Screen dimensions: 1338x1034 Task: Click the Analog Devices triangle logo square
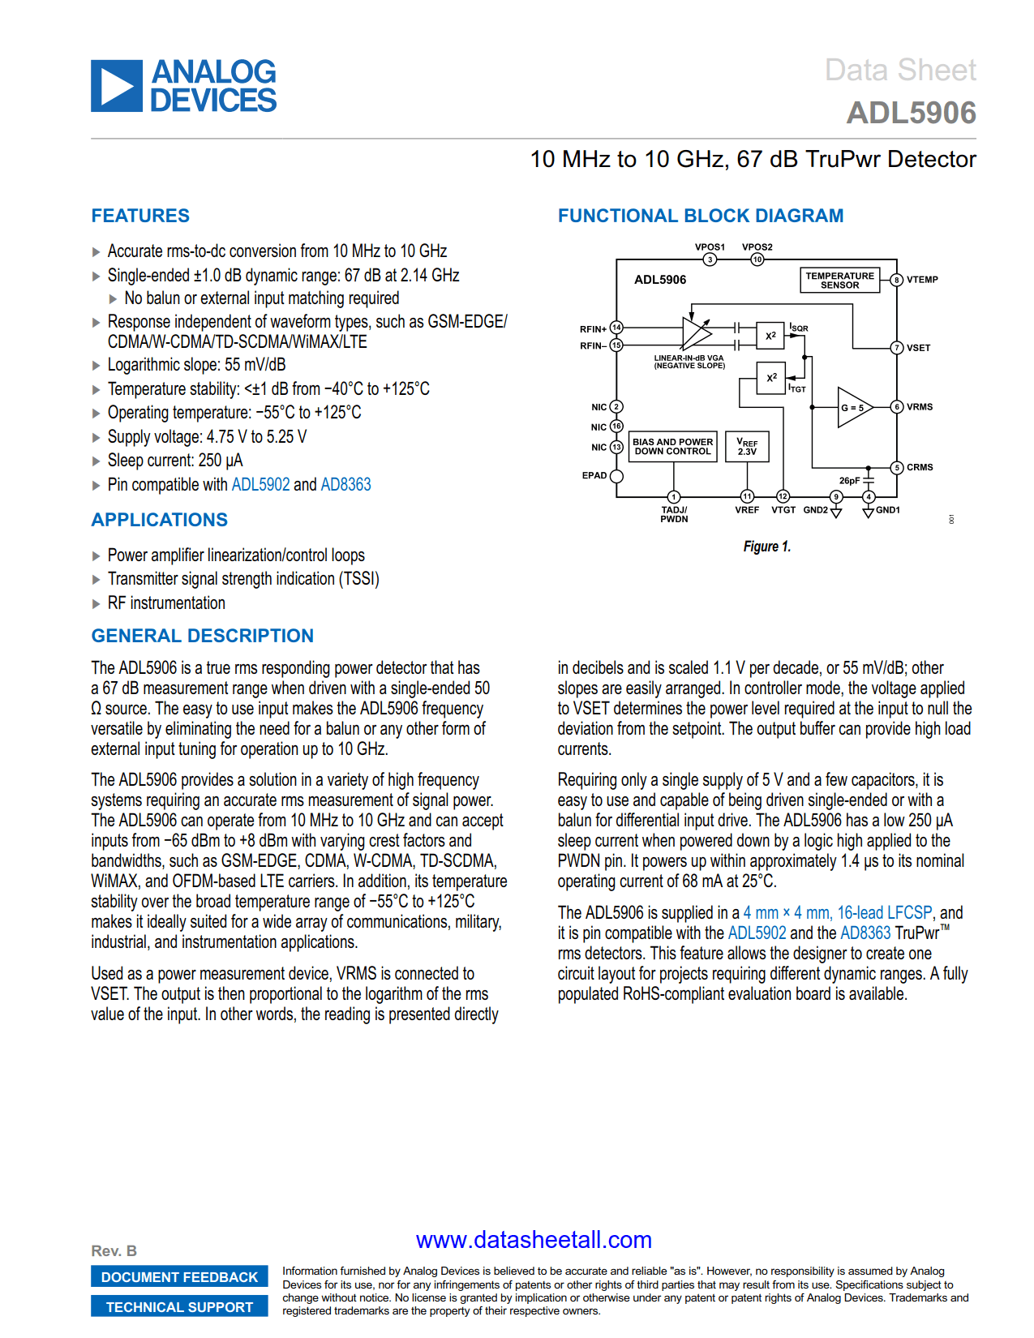coord(117,86)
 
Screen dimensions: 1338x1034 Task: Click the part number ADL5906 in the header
coord(911,113)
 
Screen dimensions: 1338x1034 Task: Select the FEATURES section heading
coord(140,216)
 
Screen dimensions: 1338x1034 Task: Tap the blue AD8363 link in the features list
coord(345,485)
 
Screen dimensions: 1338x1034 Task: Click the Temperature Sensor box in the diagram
coord(839,281)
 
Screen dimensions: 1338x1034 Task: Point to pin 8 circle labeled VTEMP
coord(897,280)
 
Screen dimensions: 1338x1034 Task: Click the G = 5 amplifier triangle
coord(852,407)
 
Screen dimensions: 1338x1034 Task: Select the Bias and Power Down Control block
coord(672,447)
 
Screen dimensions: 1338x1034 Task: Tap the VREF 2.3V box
coord(747,447)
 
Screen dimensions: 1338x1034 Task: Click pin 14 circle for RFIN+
coord(616,328)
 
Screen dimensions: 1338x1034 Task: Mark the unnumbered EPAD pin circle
coord(616,476)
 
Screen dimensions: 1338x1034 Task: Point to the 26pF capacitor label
coord(849,481)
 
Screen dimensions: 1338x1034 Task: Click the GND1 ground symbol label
coord(887,510)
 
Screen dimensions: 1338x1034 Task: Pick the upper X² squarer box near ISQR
coord(770,335)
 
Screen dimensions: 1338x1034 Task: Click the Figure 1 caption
coord(766,547)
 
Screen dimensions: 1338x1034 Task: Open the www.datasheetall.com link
coord(534,1240)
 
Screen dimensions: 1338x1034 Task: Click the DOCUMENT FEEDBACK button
coord(179,1277)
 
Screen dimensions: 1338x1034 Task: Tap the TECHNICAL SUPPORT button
coord(179,1307)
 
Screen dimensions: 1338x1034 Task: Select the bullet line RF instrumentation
coord(166,603)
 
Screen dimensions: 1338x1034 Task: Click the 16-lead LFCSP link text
coord(884,913)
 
